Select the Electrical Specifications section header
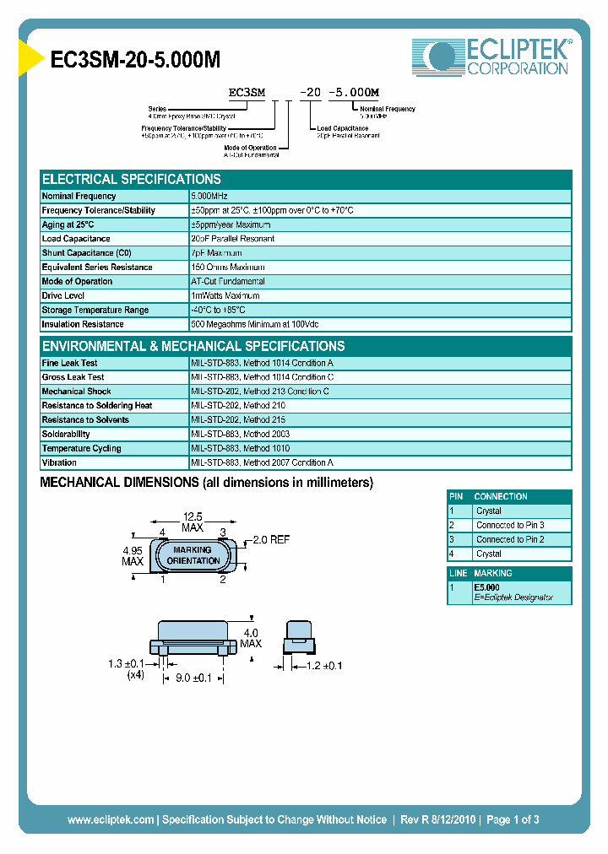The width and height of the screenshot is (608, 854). pos(132,179)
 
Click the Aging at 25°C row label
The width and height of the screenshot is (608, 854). pos(68,224)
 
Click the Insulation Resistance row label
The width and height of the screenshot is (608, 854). pos(83,325)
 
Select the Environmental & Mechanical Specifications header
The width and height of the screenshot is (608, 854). pos(193,346)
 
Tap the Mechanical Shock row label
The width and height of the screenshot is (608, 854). pos(76,392)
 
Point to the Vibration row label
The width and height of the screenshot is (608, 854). pos(59,463)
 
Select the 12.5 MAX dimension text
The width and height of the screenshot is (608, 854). pos(193,522)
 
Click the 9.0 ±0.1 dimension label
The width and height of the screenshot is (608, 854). pos(193,677)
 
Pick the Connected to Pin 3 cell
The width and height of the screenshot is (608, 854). pos(510,525)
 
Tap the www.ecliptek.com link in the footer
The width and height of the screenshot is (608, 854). pos(111,819)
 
